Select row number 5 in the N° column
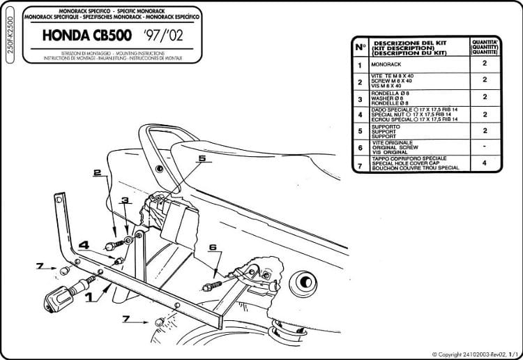360,130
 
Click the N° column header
360,47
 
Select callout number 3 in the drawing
125,201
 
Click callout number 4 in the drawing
82,245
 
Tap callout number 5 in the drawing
202,159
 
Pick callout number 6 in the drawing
213,246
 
